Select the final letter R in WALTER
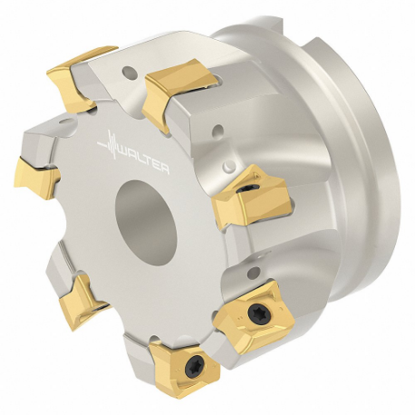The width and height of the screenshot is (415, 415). pyautogui.click(x=165, y=169)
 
